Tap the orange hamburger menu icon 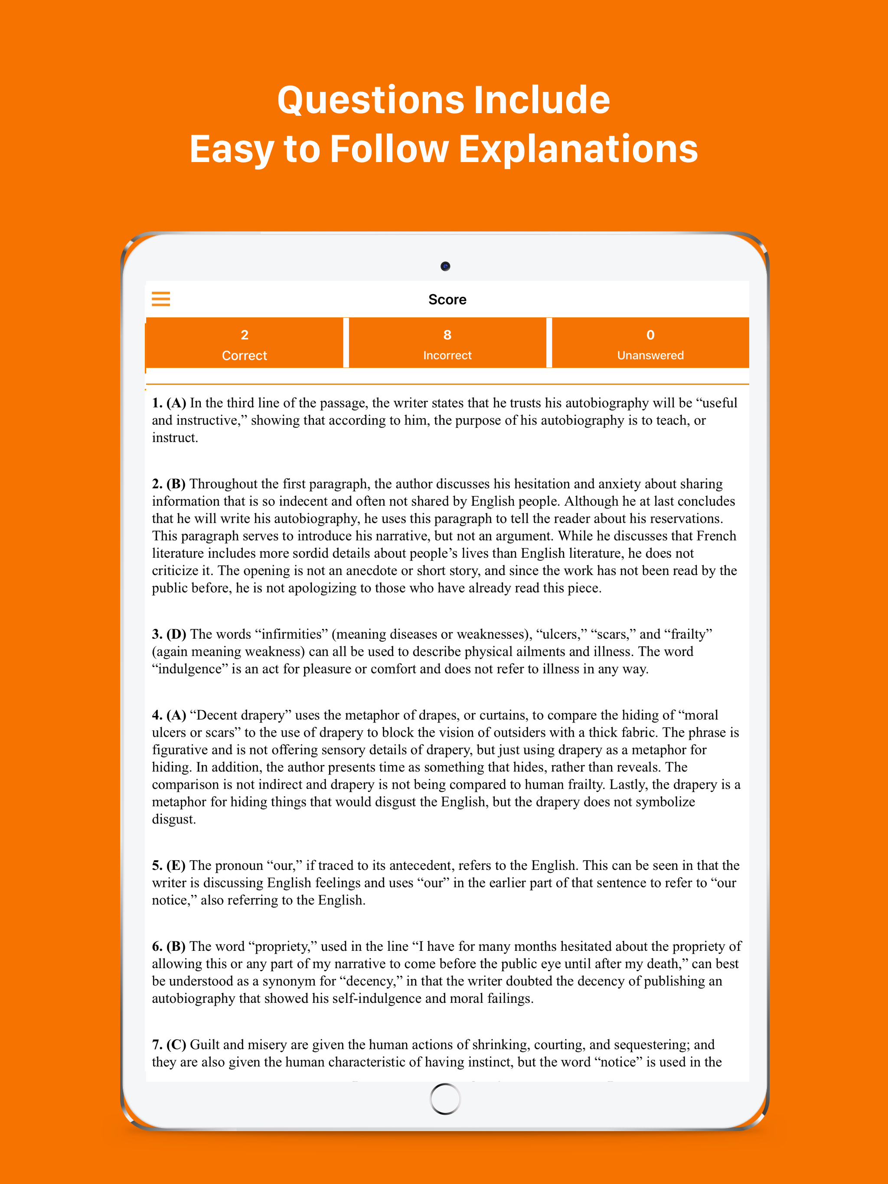(161, 299)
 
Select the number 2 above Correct (244, 335)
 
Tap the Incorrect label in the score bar (447, 355)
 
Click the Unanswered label (650, 355)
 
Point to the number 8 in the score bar (447, 335)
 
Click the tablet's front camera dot (445, 266)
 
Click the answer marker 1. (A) (169, 403)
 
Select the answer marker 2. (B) (169, 484)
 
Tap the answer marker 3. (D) (169, 634)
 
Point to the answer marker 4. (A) (169, 715)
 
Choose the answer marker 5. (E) (169, 865)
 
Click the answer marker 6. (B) (169, 947)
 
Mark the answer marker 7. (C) (169, 1045)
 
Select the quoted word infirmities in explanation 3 (291, 634)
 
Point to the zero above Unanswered (650, 335)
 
